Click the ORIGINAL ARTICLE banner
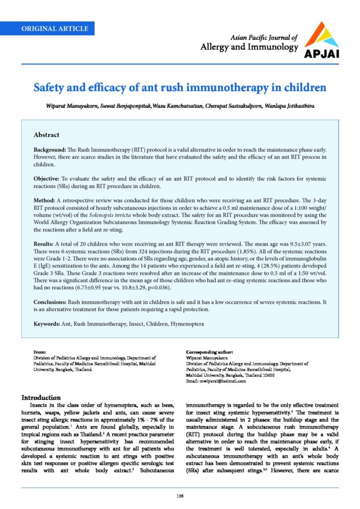pyautogui.click(x=55, y=28)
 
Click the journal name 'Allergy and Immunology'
pyautogui.click(x=249, y=47)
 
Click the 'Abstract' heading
pyautogui.click(x=46, y=135)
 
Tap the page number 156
pyautogui.click(x=180, y=495)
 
